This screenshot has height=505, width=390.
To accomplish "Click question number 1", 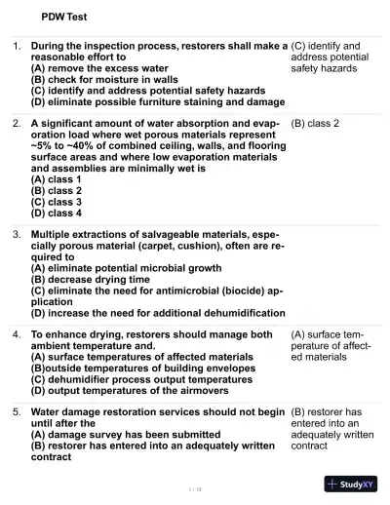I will (17, 46).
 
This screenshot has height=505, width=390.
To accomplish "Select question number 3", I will (17, 235).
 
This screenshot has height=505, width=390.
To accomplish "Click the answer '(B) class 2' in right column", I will (315, 124).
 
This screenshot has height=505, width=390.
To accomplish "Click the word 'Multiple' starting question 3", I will (55, 235).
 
